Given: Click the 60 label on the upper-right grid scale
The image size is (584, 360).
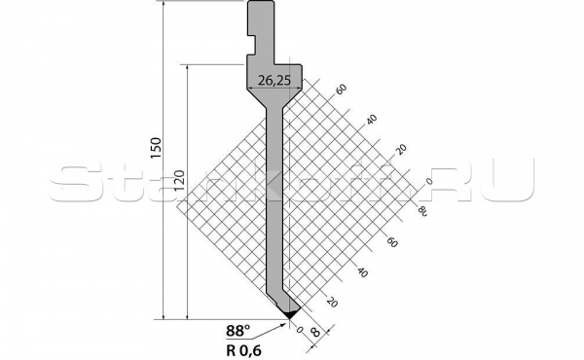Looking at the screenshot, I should pos(341,90).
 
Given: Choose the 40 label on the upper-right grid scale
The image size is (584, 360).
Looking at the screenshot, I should pos(370,119).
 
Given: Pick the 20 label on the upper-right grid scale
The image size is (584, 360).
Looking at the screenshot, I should pos(399,149).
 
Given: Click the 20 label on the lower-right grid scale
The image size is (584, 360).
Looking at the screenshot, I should pos(332,302).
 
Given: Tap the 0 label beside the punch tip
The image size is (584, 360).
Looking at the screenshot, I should pos(302,329).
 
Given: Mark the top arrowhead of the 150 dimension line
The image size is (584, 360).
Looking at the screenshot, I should pos(164,5).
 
